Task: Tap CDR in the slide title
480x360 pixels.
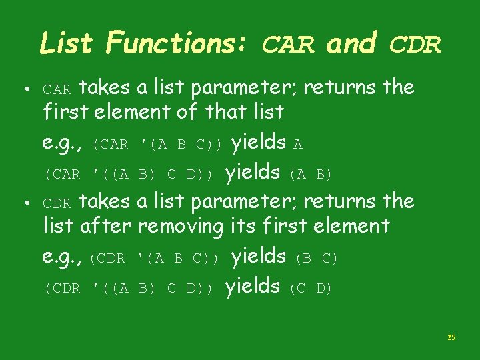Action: pos(415,45)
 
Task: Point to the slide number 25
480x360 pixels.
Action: pos(451,338)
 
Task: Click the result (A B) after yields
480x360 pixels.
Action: pos(310,175)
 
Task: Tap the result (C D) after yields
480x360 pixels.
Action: pos(311,289)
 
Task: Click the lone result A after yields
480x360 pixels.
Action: pos(298,145)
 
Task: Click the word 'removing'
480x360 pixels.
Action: pos(180,227)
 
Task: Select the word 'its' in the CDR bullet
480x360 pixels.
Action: pos(239,226)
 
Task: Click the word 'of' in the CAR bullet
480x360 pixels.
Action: pos(187,111)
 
